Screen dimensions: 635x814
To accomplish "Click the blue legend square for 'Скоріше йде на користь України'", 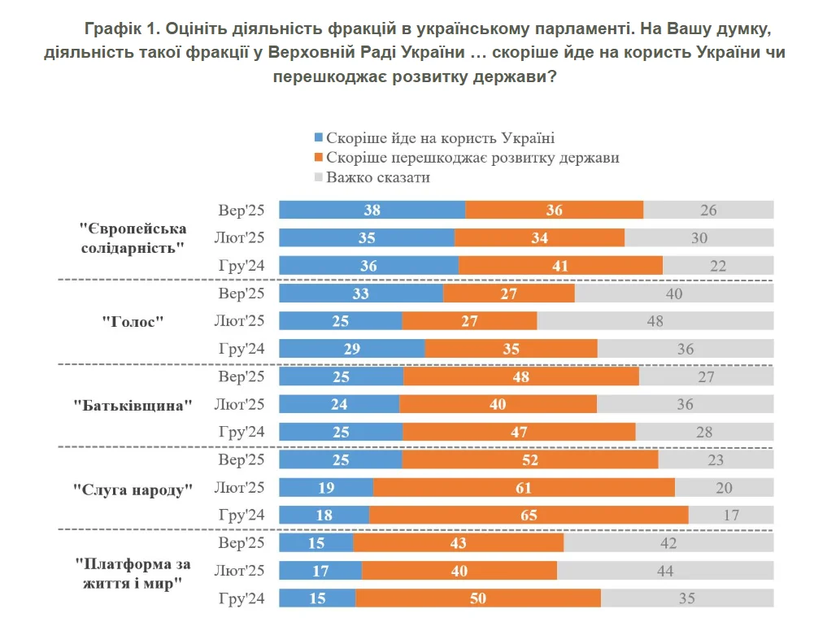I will coord(318,138).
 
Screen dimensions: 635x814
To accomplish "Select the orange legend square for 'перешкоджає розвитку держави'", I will coord(318,158).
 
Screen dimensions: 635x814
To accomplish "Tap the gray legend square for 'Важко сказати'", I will coord(318,177).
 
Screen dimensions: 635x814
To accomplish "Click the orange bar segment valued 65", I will coord(529,515).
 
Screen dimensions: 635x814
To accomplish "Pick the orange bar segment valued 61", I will coord(524,487).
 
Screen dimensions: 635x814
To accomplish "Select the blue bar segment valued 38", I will coord(372,210).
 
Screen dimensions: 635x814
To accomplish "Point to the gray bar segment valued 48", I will coord(655,320).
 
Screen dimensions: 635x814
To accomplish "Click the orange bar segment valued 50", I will coord(478,598).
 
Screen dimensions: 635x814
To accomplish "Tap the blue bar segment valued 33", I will coord(361,293).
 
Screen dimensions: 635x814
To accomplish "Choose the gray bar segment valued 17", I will coord(731,515).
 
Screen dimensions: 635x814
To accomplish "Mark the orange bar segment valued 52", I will coord(529,459).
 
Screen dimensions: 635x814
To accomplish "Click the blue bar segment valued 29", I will coord(352,348).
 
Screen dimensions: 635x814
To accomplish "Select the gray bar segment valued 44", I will coord(665,570).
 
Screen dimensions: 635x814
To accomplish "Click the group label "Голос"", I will coord(133,321).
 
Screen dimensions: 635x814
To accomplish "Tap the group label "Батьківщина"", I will coord(133,404).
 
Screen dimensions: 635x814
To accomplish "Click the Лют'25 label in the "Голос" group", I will coord(240,321).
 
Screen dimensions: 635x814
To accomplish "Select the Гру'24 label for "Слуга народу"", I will coord(242,515).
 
